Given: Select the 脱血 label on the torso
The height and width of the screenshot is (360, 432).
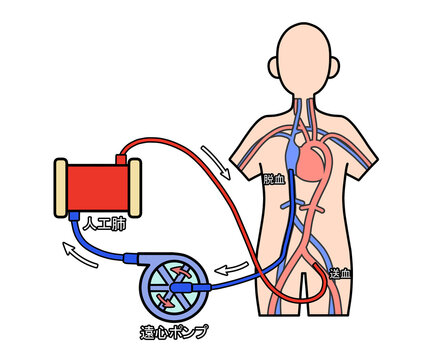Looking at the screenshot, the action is click(272, 180).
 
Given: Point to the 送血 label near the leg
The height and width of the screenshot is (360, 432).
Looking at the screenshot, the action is click(340, 271).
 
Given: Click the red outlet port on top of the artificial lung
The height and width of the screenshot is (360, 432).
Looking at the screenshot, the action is click(123, 157).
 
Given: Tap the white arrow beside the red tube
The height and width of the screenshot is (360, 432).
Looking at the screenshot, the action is click(215, 157).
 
